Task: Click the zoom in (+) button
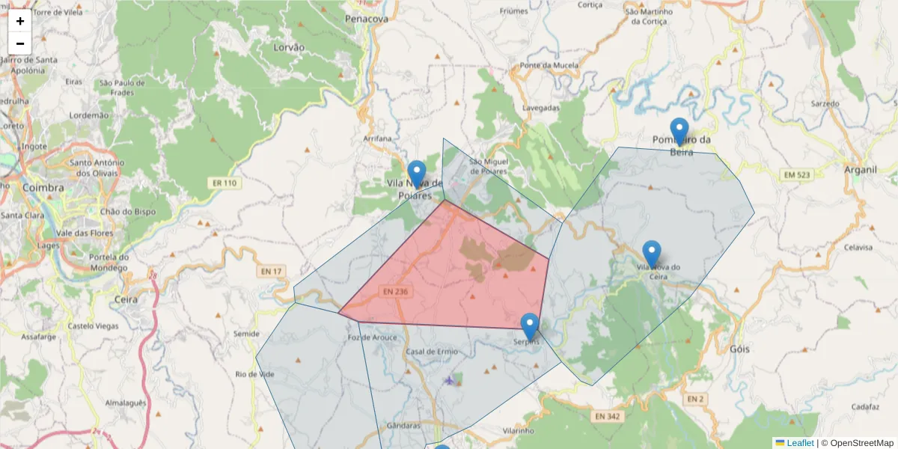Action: tap(20, 21)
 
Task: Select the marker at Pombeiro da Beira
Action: tap(679, 131)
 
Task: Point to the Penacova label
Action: tap(367, 18)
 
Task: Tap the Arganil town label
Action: tap(860, 169)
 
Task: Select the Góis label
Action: tap(739, 349)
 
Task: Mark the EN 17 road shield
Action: tap(272, 272)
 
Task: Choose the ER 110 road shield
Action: tap(224, 183)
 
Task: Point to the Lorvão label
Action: tap(290, 46)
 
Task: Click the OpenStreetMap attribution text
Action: tap(862, 443)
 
